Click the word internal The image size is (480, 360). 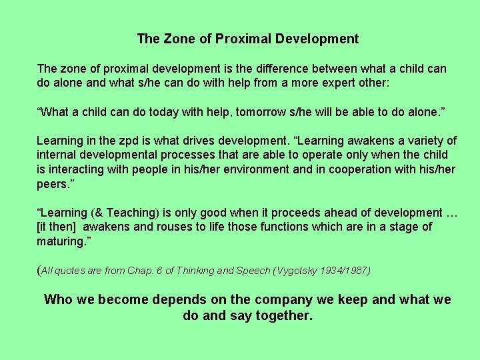[58, 155]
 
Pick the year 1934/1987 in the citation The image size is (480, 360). [347, 271]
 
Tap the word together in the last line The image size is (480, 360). [283, 315]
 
